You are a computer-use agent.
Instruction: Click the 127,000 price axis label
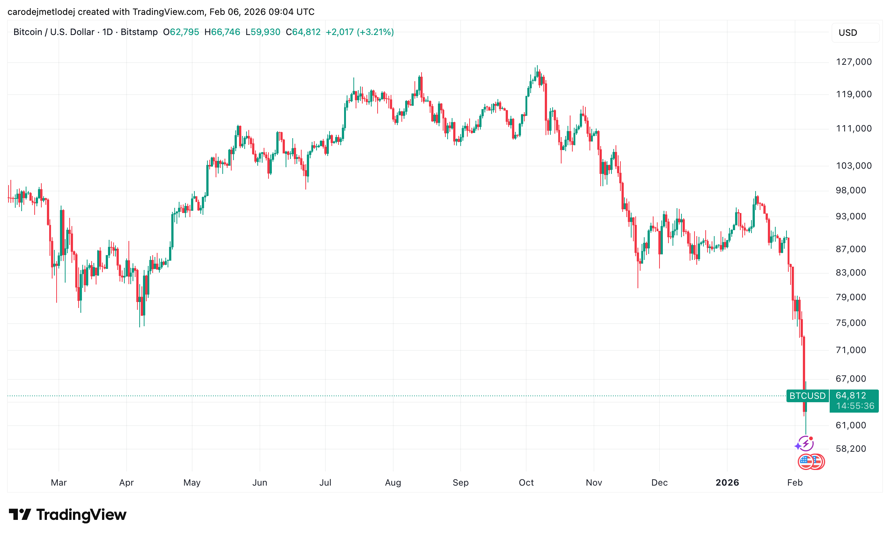(854, 62)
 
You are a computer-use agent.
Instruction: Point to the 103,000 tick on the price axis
(854, 166)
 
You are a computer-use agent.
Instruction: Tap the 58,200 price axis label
(851, 449)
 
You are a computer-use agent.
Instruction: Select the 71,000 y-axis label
(851, 350)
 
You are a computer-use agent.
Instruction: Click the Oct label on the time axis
(526, 483)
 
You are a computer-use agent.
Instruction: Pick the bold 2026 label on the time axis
(727, 483)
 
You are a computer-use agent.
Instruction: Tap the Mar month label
(58, 483)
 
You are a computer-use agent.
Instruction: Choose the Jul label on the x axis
(325, 483)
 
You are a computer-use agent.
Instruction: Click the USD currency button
(855, 33)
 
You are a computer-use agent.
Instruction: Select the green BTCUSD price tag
(807, 396)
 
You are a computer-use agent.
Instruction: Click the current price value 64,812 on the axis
(851, 395)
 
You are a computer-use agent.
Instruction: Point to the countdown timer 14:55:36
(855, 406)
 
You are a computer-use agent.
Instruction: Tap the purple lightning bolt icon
(806, 444)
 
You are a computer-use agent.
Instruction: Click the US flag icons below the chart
(811, 462)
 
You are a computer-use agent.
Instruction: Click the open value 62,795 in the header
(184, 32)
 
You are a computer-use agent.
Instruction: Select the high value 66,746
(225, 32)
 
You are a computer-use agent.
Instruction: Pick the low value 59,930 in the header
(265, 32)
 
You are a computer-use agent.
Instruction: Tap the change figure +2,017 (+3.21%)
(359, 32)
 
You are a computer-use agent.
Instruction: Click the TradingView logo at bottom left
(67, 515)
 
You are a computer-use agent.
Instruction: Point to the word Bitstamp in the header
(139, 32)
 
